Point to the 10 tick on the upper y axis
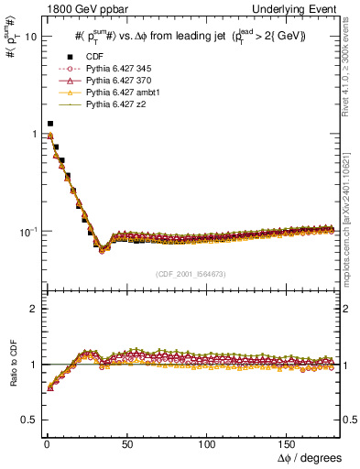click(x=28, y=37)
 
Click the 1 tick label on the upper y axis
click(x=31, y=134)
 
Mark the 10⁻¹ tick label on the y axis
click(x=26, y=231)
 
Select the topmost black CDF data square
click(x=50, y=123)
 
